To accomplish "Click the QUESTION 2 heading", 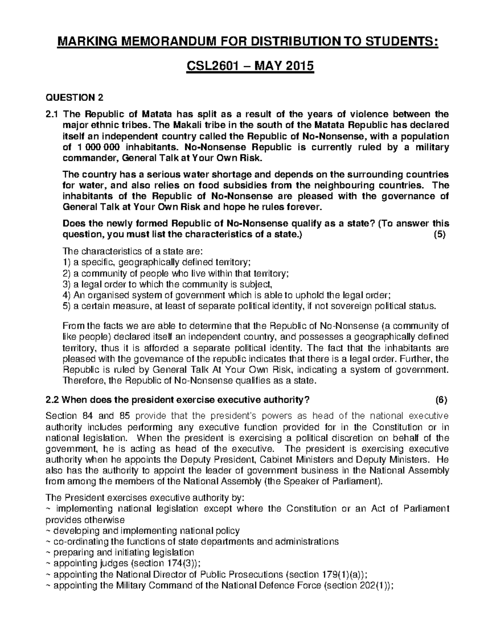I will click(75, 98).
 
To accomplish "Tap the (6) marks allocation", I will click(441, 400).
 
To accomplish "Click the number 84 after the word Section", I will click(87, 416).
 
